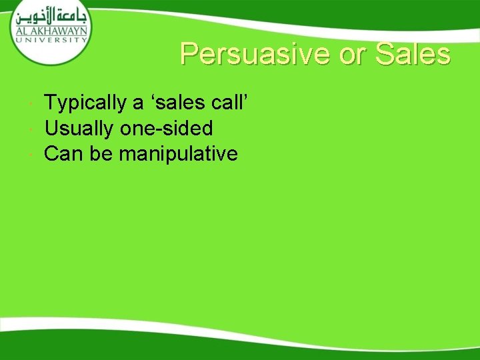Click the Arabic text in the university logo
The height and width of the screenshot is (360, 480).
coord(49,14)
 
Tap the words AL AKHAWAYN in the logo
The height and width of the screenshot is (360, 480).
coord(49,30)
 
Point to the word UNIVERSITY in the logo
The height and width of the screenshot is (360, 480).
coord(49,39)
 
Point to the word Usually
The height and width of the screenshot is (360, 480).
coord(81,129)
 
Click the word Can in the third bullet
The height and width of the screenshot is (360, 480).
coord(63,154)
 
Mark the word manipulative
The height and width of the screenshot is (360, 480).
coord(178,154)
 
